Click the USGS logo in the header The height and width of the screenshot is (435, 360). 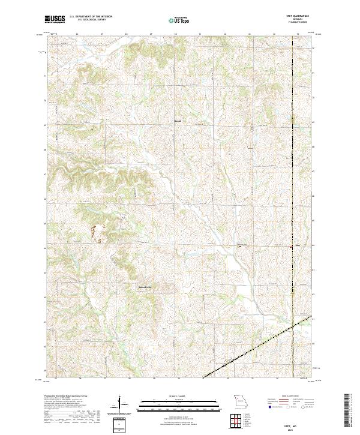tap(55, 19)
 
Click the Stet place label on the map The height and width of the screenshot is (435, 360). tap(297, 245)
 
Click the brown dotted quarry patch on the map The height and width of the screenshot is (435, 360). tap(96, 231)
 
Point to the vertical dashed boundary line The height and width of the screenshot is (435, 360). tap(292, 150)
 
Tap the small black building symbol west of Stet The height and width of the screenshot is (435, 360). tap(239, 245)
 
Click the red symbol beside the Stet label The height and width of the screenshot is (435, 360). tap(292, 245)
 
